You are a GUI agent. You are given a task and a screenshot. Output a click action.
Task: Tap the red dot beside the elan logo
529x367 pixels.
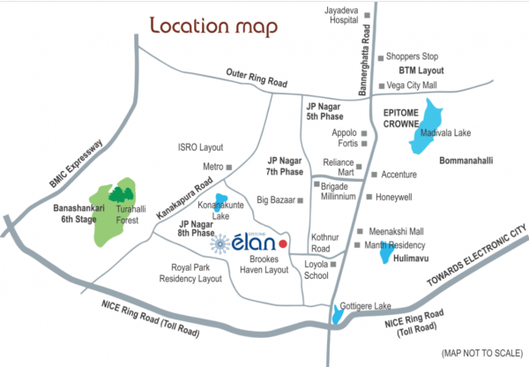tap(282, 241)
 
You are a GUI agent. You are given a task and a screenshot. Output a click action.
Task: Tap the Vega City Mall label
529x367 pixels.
tap(413, 86)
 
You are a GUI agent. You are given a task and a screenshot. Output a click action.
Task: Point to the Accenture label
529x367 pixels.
tap(406, 175)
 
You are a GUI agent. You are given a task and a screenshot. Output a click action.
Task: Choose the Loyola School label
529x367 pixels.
tap(316, 269)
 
